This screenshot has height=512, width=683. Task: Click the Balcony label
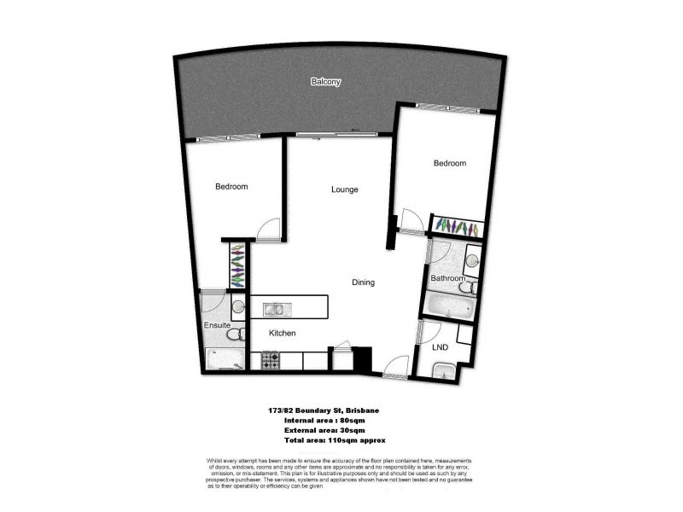point(325,82)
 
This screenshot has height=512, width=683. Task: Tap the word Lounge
point(344,189)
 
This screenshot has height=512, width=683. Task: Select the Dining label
point(363,282)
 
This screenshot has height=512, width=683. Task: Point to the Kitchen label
point(283,333)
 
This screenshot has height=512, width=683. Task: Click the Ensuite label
point(216,325)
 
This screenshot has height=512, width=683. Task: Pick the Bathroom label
point(447,278)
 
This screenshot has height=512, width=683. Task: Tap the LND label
point(440,347)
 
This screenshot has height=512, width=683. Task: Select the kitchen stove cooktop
point(271,361)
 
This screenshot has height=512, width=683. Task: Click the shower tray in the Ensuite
point(224,361)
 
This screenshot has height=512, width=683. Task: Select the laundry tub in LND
point(442,369)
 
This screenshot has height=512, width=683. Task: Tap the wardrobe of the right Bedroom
point(458,227)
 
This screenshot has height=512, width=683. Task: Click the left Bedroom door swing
point(266,229)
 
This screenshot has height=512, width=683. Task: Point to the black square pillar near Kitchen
point(362,358)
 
